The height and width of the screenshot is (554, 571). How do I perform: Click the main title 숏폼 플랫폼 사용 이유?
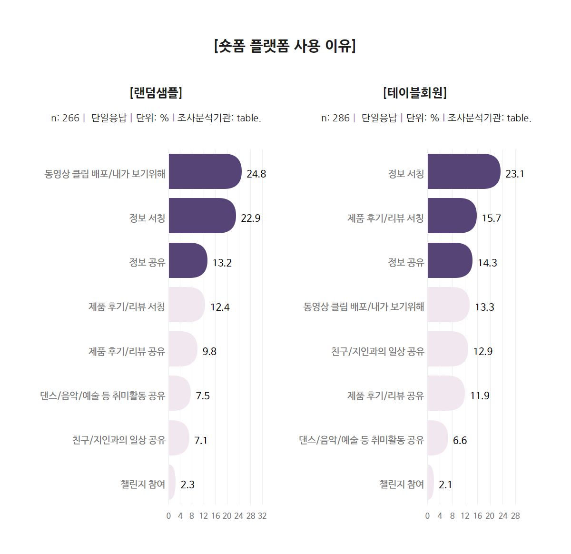click(285, 46)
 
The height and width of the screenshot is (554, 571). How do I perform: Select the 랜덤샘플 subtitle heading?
click(156, 92)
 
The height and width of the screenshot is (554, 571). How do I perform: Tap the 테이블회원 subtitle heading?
click(414, 92)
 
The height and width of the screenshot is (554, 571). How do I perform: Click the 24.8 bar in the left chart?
click(205, 171)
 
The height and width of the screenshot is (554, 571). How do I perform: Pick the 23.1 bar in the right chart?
click(463, 171)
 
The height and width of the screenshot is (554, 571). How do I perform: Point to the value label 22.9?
click(250, 218)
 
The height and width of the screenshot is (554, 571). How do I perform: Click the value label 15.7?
click(491, 218)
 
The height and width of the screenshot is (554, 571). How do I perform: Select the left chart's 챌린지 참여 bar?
click(171, 482)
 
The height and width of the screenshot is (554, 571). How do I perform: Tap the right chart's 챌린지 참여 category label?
click(401, 484)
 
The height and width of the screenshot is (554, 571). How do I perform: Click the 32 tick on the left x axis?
click(262, 516)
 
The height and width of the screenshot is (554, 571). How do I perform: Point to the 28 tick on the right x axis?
click(515, 516)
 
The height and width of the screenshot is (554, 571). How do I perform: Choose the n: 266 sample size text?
click(65, 118)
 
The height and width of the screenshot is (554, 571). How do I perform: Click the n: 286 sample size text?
click(335, 118)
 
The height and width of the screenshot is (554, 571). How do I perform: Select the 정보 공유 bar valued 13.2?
click(187, 260)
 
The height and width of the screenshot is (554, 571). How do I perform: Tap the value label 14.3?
click(487, 263)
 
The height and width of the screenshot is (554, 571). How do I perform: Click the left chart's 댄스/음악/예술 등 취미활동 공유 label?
click(102, 396)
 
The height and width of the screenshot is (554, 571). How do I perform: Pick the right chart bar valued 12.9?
click(447, 349)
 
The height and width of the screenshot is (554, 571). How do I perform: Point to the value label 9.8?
click(209, 351)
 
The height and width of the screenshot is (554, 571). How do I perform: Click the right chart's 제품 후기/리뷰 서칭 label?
click(385, 218)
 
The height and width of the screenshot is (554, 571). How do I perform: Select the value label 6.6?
click(460, 440)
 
